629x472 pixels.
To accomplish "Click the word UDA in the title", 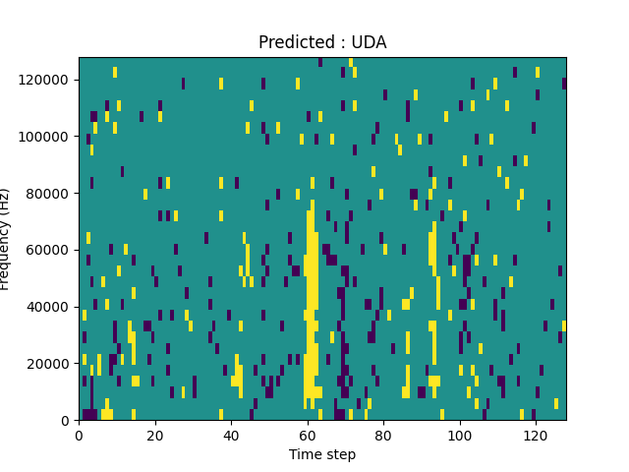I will click(371, 42).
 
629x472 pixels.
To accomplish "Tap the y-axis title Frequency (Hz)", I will click(6, 239).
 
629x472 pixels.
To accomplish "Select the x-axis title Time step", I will click(322, 454).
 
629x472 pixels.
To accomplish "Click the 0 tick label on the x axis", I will click(79, 435).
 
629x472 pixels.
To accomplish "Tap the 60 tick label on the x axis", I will click(308, 435).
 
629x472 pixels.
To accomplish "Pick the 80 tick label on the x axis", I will click(383, 435).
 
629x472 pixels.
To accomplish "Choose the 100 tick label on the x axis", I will click(459, 435).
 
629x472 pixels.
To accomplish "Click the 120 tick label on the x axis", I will click(536, 435).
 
